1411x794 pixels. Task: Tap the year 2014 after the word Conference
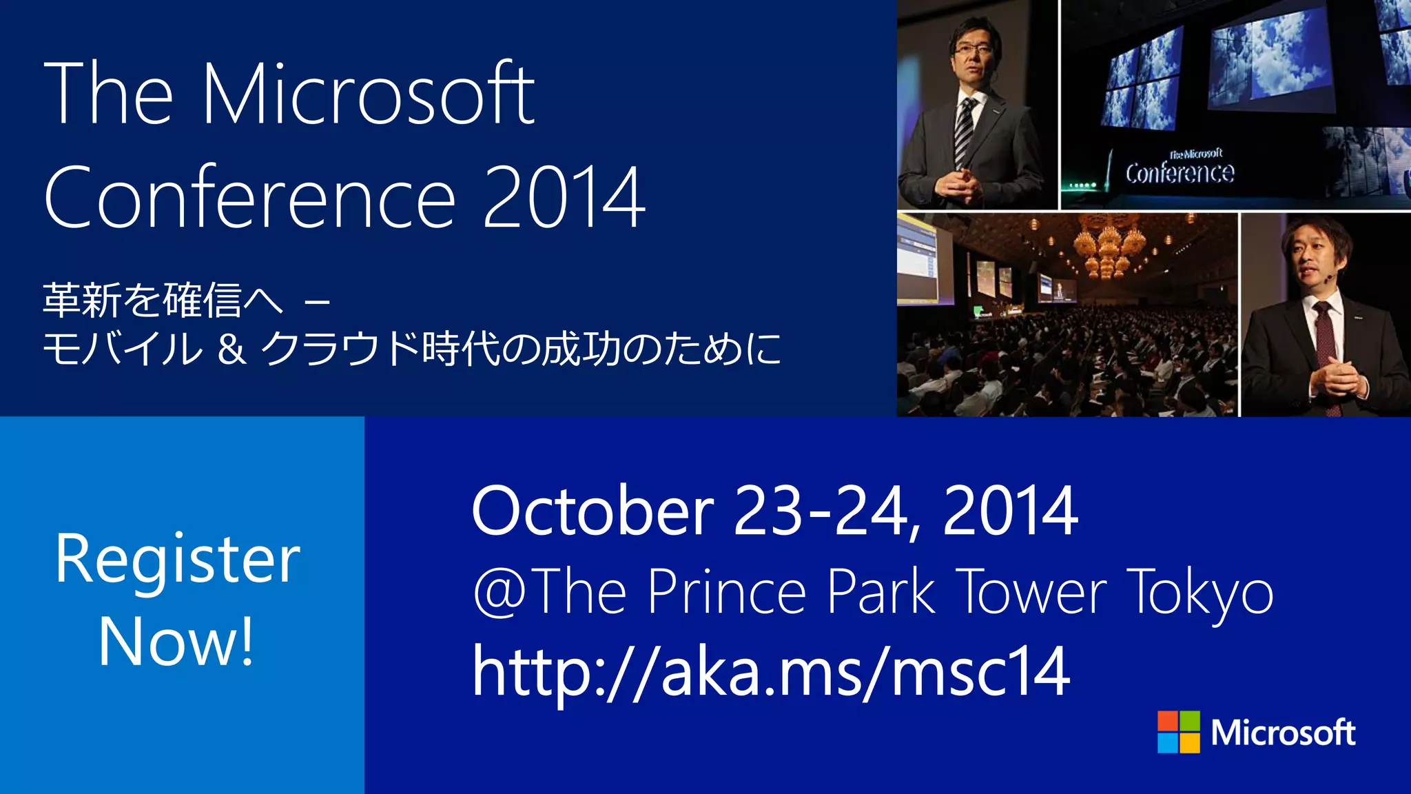point(564,198)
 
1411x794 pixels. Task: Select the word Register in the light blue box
point(178,560)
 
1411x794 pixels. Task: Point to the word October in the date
point(593,511)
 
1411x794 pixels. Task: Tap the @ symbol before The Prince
point(499,591)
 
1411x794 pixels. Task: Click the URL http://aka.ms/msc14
point(771,672)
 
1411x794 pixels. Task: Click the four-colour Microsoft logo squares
point(1178,732)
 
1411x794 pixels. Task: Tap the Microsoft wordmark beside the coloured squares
point(1283,733)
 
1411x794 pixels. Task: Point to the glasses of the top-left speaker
point(972,49)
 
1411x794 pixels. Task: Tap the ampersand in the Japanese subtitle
point(231,349)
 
